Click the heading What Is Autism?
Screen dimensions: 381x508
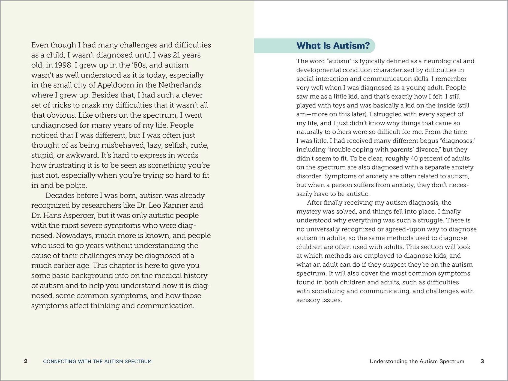tap(333, 46)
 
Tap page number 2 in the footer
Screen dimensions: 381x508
tap(26, 361)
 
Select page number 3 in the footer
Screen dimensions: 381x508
tap(482, 361)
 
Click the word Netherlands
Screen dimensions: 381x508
tap(180, 85)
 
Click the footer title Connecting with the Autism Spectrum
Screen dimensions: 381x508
tap(97, 361)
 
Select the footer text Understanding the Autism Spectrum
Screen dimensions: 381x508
tap(417, 361)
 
